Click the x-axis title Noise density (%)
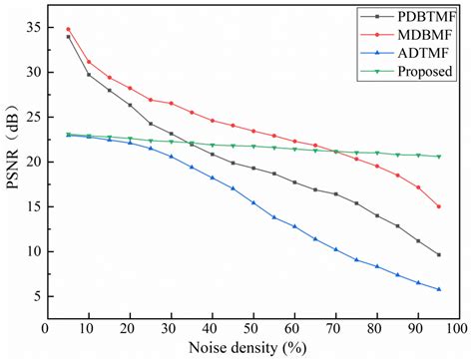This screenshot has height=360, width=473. (252, 347)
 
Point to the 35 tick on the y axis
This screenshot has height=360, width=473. (33, 27)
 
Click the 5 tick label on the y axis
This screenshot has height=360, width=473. (36, 296)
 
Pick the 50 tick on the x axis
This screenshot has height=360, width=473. (253, 327)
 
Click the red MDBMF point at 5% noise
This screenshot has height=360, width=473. (68, 29)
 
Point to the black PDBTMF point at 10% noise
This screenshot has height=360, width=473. (89, 75)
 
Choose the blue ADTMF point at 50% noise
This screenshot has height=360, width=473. (253, 202)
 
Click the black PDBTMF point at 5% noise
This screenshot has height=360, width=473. (68, 37)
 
